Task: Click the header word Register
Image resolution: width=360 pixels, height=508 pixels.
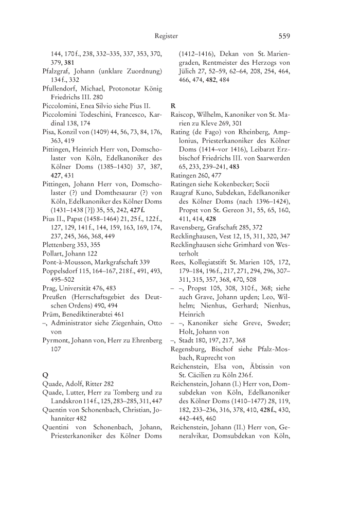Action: pos(166,36)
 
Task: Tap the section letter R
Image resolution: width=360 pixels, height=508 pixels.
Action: pos(173,106)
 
